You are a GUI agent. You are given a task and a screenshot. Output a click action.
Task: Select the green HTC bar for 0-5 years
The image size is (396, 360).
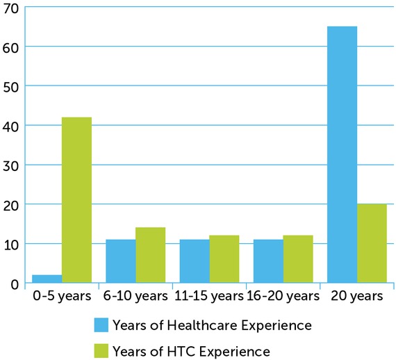76,200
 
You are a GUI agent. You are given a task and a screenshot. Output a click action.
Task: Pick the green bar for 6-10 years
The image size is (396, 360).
150,255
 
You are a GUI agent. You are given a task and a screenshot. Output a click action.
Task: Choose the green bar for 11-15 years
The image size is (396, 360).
224,259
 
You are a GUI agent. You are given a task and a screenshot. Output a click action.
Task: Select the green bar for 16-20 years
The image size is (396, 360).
298,259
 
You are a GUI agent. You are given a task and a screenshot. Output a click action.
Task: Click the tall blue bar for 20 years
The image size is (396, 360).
342,155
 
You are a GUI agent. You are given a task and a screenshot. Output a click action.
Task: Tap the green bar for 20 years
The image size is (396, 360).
372,243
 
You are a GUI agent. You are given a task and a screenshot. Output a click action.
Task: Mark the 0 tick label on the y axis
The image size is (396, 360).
14,284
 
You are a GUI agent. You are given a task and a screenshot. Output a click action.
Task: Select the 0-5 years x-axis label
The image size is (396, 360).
62,297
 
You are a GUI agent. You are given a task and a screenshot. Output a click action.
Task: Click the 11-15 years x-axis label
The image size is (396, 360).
209,297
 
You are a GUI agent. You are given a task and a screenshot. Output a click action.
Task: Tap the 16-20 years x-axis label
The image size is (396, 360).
283,297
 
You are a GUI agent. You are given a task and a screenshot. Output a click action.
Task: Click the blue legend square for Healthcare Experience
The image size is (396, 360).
101,325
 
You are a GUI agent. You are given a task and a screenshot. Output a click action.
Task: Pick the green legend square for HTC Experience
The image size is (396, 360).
101,351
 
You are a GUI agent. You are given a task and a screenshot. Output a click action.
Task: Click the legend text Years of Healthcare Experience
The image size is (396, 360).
212,325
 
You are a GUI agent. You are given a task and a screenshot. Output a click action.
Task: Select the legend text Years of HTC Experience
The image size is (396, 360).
191,351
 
